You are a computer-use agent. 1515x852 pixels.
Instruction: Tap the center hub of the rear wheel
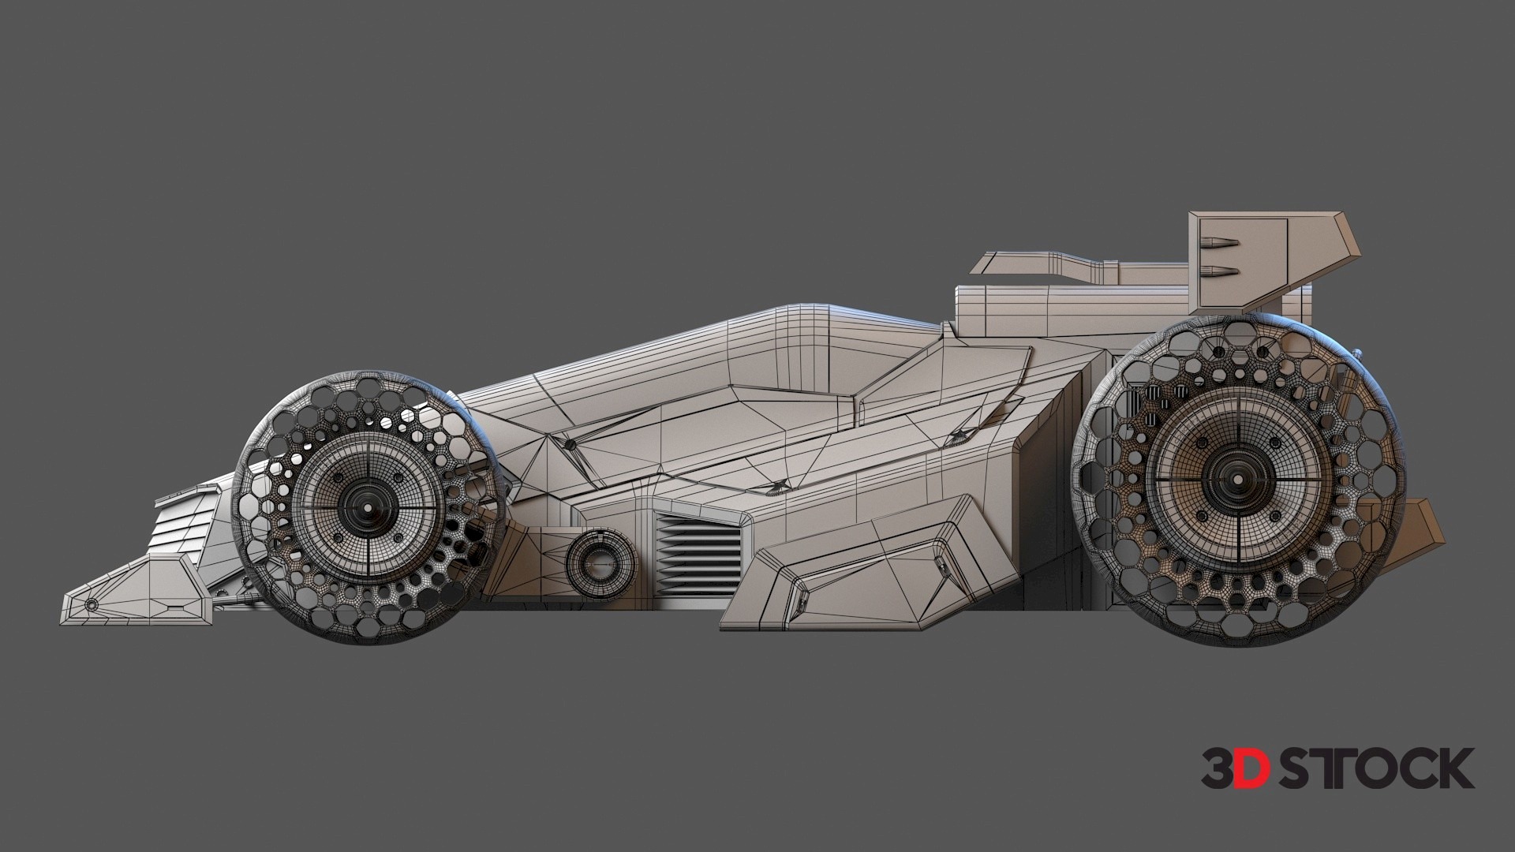click(1234, 476)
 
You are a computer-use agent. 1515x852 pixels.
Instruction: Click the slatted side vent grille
click(698, 552)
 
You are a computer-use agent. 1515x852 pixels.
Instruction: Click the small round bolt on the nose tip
click(92, 604)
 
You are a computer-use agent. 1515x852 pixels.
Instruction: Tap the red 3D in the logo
click(1236, 769)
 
